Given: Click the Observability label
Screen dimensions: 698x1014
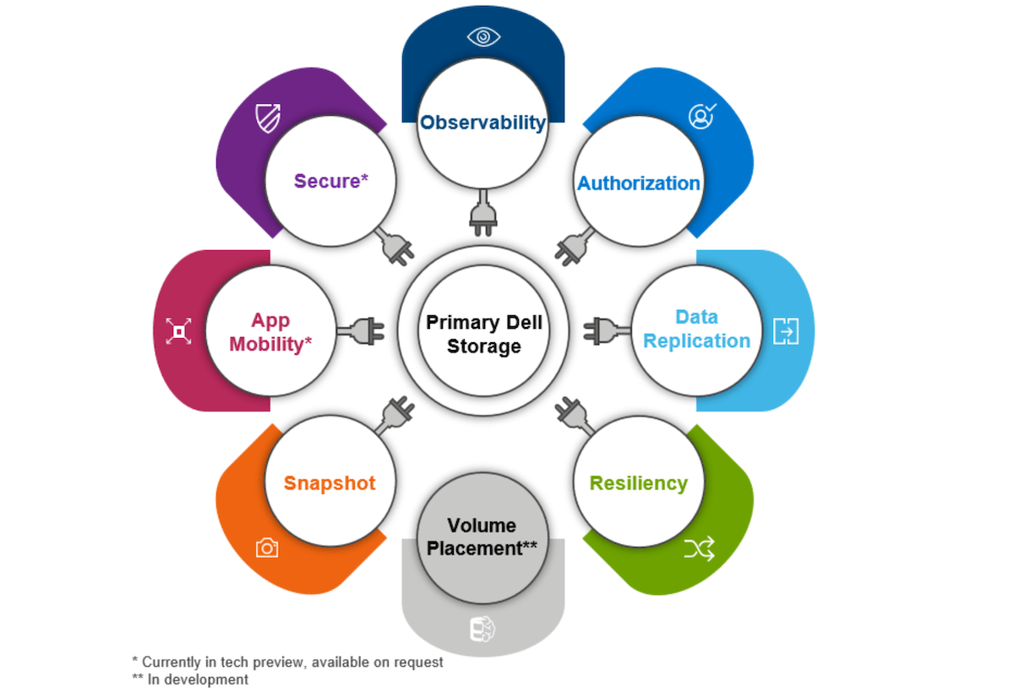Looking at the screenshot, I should [483, 123].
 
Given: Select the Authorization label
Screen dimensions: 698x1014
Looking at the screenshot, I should [638, 183].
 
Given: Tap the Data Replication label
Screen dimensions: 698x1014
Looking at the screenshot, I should [696, 330].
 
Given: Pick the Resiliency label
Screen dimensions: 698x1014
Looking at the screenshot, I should [638, 483].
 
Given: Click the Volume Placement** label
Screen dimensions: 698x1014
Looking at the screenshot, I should [482, 537].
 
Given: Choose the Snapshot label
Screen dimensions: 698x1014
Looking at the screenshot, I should [329, 483].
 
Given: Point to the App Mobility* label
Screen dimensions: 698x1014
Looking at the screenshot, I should [270, 332].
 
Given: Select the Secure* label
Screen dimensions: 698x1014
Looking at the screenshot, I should [332, 181].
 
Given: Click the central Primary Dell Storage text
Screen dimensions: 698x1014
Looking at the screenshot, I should [483, 335].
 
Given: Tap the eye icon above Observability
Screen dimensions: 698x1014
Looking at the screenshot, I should [483, 37].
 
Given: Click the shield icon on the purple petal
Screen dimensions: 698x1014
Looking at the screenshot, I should [268, 118].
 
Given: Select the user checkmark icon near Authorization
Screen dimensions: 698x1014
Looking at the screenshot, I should [701, 116].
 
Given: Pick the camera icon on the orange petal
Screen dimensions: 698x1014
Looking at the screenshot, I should [267, 548].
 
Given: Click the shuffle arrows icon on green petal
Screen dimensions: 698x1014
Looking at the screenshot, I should [700, 549].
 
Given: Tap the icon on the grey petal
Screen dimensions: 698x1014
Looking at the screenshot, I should [482, 630].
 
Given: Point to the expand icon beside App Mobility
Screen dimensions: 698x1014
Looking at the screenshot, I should [178, 331].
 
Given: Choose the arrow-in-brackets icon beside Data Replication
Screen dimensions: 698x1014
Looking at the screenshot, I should [786, 331].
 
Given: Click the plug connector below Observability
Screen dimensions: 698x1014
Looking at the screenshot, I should [482, 213].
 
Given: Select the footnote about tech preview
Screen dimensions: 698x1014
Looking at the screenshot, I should [287, 663].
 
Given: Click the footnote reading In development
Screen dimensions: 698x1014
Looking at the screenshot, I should [190, 679].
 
